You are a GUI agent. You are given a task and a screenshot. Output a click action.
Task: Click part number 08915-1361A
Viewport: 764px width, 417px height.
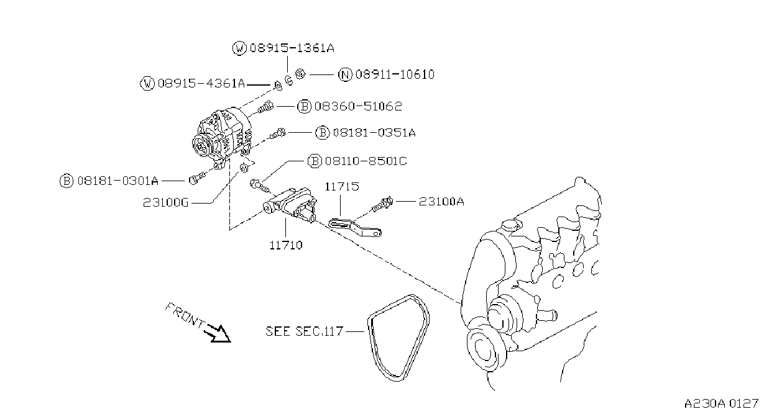point(292,48)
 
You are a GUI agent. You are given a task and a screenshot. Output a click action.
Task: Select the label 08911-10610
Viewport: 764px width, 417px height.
point(395,74)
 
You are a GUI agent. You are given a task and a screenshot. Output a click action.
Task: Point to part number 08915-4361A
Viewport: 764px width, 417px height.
point(201,83)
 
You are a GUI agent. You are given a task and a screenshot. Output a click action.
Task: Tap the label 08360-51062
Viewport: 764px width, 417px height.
point(358,107)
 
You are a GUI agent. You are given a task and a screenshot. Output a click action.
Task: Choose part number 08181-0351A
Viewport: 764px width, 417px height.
point(374,132)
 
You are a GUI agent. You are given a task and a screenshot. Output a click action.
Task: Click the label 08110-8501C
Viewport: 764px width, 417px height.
point(366,161)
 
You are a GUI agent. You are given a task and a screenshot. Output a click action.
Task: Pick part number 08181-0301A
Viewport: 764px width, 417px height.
point(118,181)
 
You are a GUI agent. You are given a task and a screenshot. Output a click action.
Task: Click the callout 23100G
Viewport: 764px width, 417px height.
point(166,203)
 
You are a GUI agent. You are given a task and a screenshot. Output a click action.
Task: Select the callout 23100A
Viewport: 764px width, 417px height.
point(441,202)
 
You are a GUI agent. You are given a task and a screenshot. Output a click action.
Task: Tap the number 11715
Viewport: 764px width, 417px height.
point(342,187)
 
